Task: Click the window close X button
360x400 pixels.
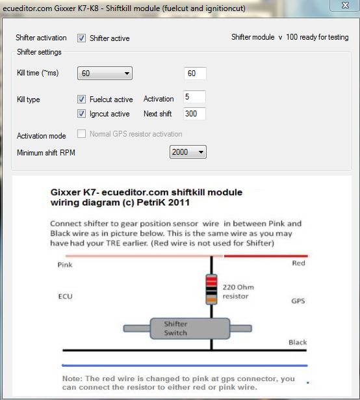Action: [345, 5]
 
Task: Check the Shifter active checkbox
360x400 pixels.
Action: [82, 38]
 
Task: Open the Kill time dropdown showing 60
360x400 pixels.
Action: [105, 73]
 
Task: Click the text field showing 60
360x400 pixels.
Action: [195, 73]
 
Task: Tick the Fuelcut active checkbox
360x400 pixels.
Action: [82, 99]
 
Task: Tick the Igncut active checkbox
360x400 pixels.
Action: [82, 114]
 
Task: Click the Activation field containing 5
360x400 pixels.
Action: [194, 97]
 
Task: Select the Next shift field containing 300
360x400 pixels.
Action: [194, 114]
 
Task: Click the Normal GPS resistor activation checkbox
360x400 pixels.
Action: [82, 133]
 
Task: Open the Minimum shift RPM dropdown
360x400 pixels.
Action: [188, 152]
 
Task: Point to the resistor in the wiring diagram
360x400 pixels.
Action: [211, 289]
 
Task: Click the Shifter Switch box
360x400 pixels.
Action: [190, 328]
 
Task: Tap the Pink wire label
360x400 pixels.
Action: [65, 265]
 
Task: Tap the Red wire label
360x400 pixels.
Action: [298, 263]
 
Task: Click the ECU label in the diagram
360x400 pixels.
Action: [66, 297]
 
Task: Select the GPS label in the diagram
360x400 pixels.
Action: [298, 301]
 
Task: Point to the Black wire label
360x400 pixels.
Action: [298, 342]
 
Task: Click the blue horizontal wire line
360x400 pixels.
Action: [185, 366]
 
